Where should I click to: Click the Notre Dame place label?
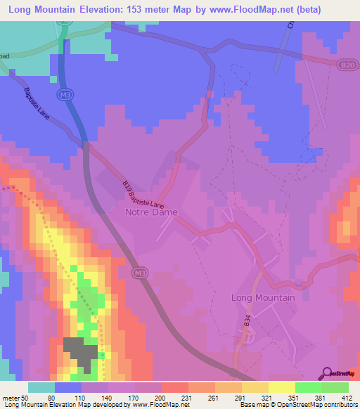[150, 212]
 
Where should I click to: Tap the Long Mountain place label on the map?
[263, 297]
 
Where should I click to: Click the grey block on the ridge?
[82, 351]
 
